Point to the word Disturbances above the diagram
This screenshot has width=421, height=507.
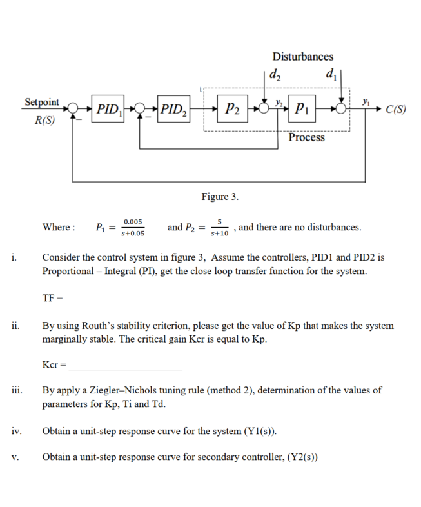tap(302, 56)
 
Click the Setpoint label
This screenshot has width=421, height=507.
tap(41, 102)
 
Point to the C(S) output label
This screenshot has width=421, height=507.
tap(394, 108)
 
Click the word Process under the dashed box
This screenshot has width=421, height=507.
tap(306, 137)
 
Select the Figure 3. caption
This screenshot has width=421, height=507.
tap(219, 195)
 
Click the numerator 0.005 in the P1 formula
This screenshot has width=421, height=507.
tap(134, 221)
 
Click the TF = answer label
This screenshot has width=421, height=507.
tap(52, 298)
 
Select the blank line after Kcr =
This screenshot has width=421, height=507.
tap(125, 366)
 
